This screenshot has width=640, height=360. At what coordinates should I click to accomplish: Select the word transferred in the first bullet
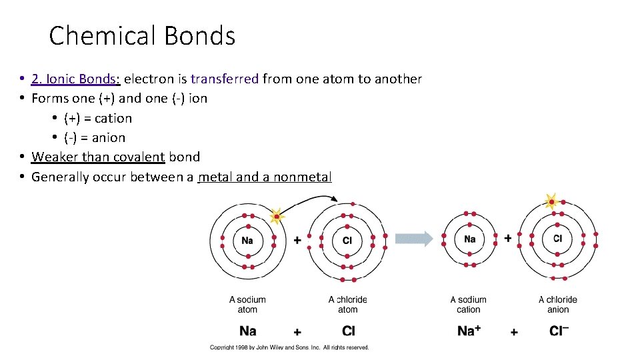(224, 79)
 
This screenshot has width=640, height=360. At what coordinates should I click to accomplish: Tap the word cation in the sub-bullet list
(113, 119)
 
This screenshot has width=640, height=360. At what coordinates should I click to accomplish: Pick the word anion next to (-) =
(109, 138)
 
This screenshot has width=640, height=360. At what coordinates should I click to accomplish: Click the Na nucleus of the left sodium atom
(247, 241)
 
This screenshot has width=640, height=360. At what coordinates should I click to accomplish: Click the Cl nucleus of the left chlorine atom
(347, 241)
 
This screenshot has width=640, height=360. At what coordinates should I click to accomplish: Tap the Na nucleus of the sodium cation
(469, 239)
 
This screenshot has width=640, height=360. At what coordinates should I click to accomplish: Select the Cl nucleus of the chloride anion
(557, 239)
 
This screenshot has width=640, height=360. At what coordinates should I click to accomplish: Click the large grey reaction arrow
(414, 239)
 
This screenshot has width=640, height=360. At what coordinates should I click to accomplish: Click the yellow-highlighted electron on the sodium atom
(276, 216)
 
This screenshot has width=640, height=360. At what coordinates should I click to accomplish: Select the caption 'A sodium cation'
(468, 305)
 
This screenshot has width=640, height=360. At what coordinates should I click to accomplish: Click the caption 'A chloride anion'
(557, 305)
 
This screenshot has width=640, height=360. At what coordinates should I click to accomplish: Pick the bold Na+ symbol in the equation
(470, 331)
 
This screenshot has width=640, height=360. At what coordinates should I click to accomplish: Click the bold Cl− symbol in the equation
(559, 331)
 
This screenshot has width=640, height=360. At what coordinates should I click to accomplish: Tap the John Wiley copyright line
(289, 347)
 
